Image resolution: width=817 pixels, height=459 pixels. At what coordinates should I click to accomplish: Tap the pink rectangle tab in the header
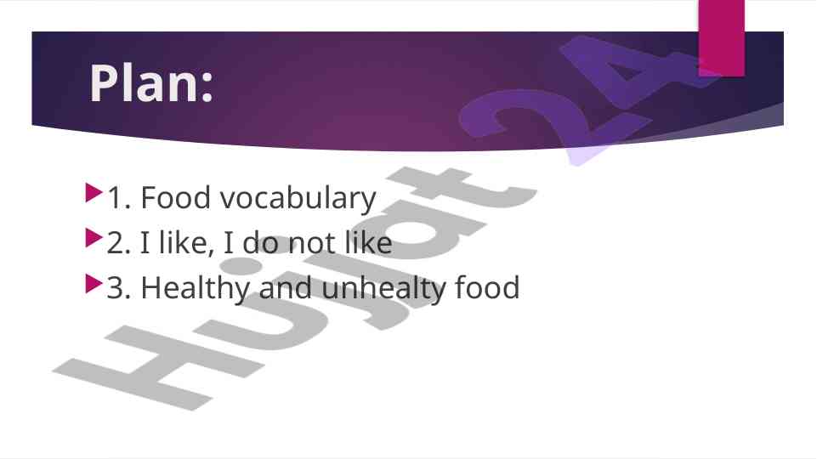(721, 38)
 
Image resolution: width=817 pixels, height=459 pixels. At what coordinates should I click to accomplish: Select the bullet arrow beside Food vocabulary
(94, 192)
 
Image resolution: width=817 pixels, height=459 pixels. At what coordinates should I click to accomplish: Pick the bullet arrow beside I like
(94, 238)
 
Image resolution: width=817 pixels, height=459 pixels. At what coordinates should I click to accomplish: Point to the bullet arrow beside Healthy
(94, 283)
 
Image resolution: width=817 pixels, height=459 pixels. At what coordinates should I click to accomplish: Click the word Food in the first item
(176, 197)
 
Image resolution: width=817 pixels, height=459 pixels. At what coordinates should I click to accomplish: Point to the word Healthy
(196, 289)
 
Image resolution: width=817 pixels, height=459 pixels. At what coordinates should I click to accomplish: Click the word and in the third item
(286, 287)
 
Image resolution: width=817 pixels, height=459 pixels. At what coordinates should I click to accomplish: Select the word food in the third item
(487, 287)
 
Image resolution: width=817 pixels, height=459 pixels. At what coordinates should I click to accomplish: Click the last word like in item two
(368, 242)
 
